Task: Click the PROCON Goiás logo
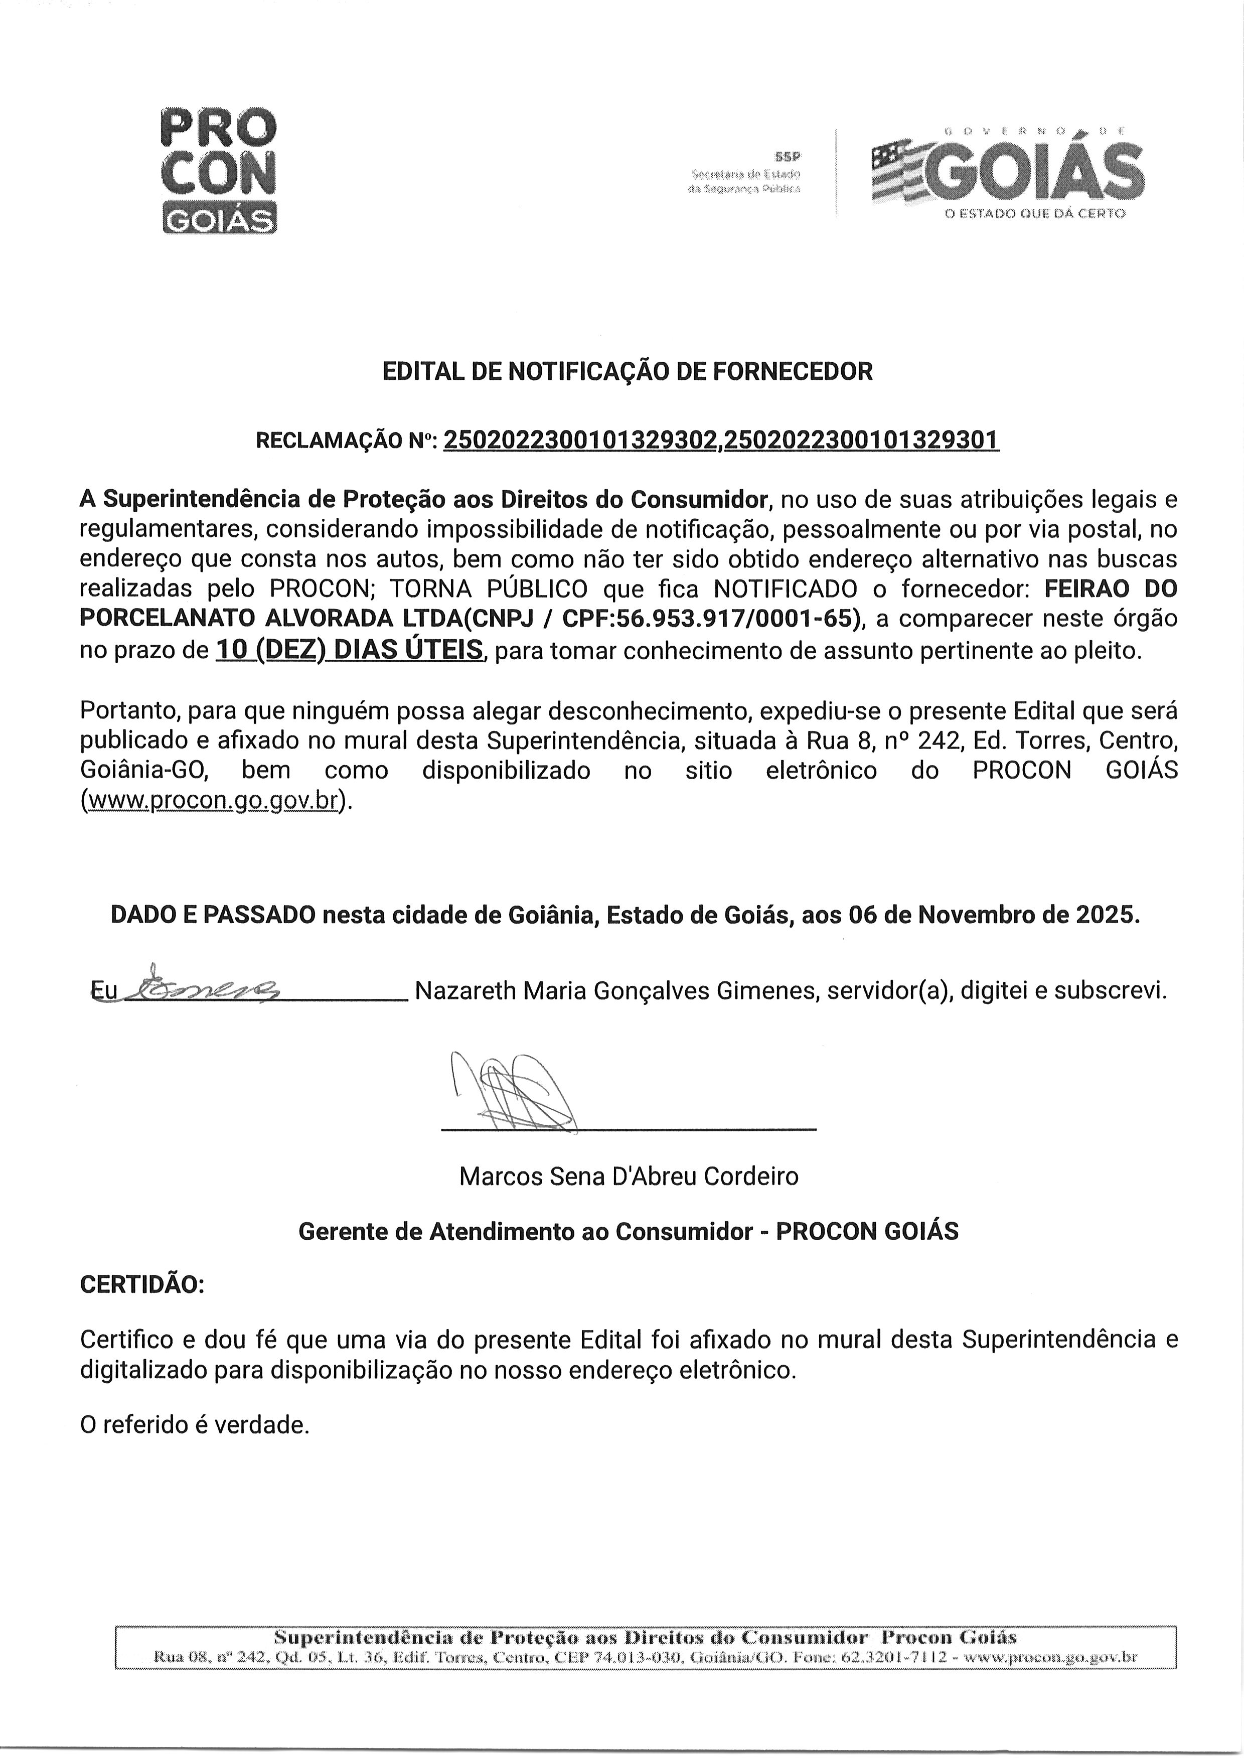(x=218, y=171)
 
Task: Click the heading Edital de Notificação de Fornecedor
(x=627, y=372)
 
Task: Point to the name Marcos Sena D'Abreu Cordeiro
(x=628, y=1176)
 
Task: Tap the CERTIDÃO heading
(x=142, y=1284)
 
